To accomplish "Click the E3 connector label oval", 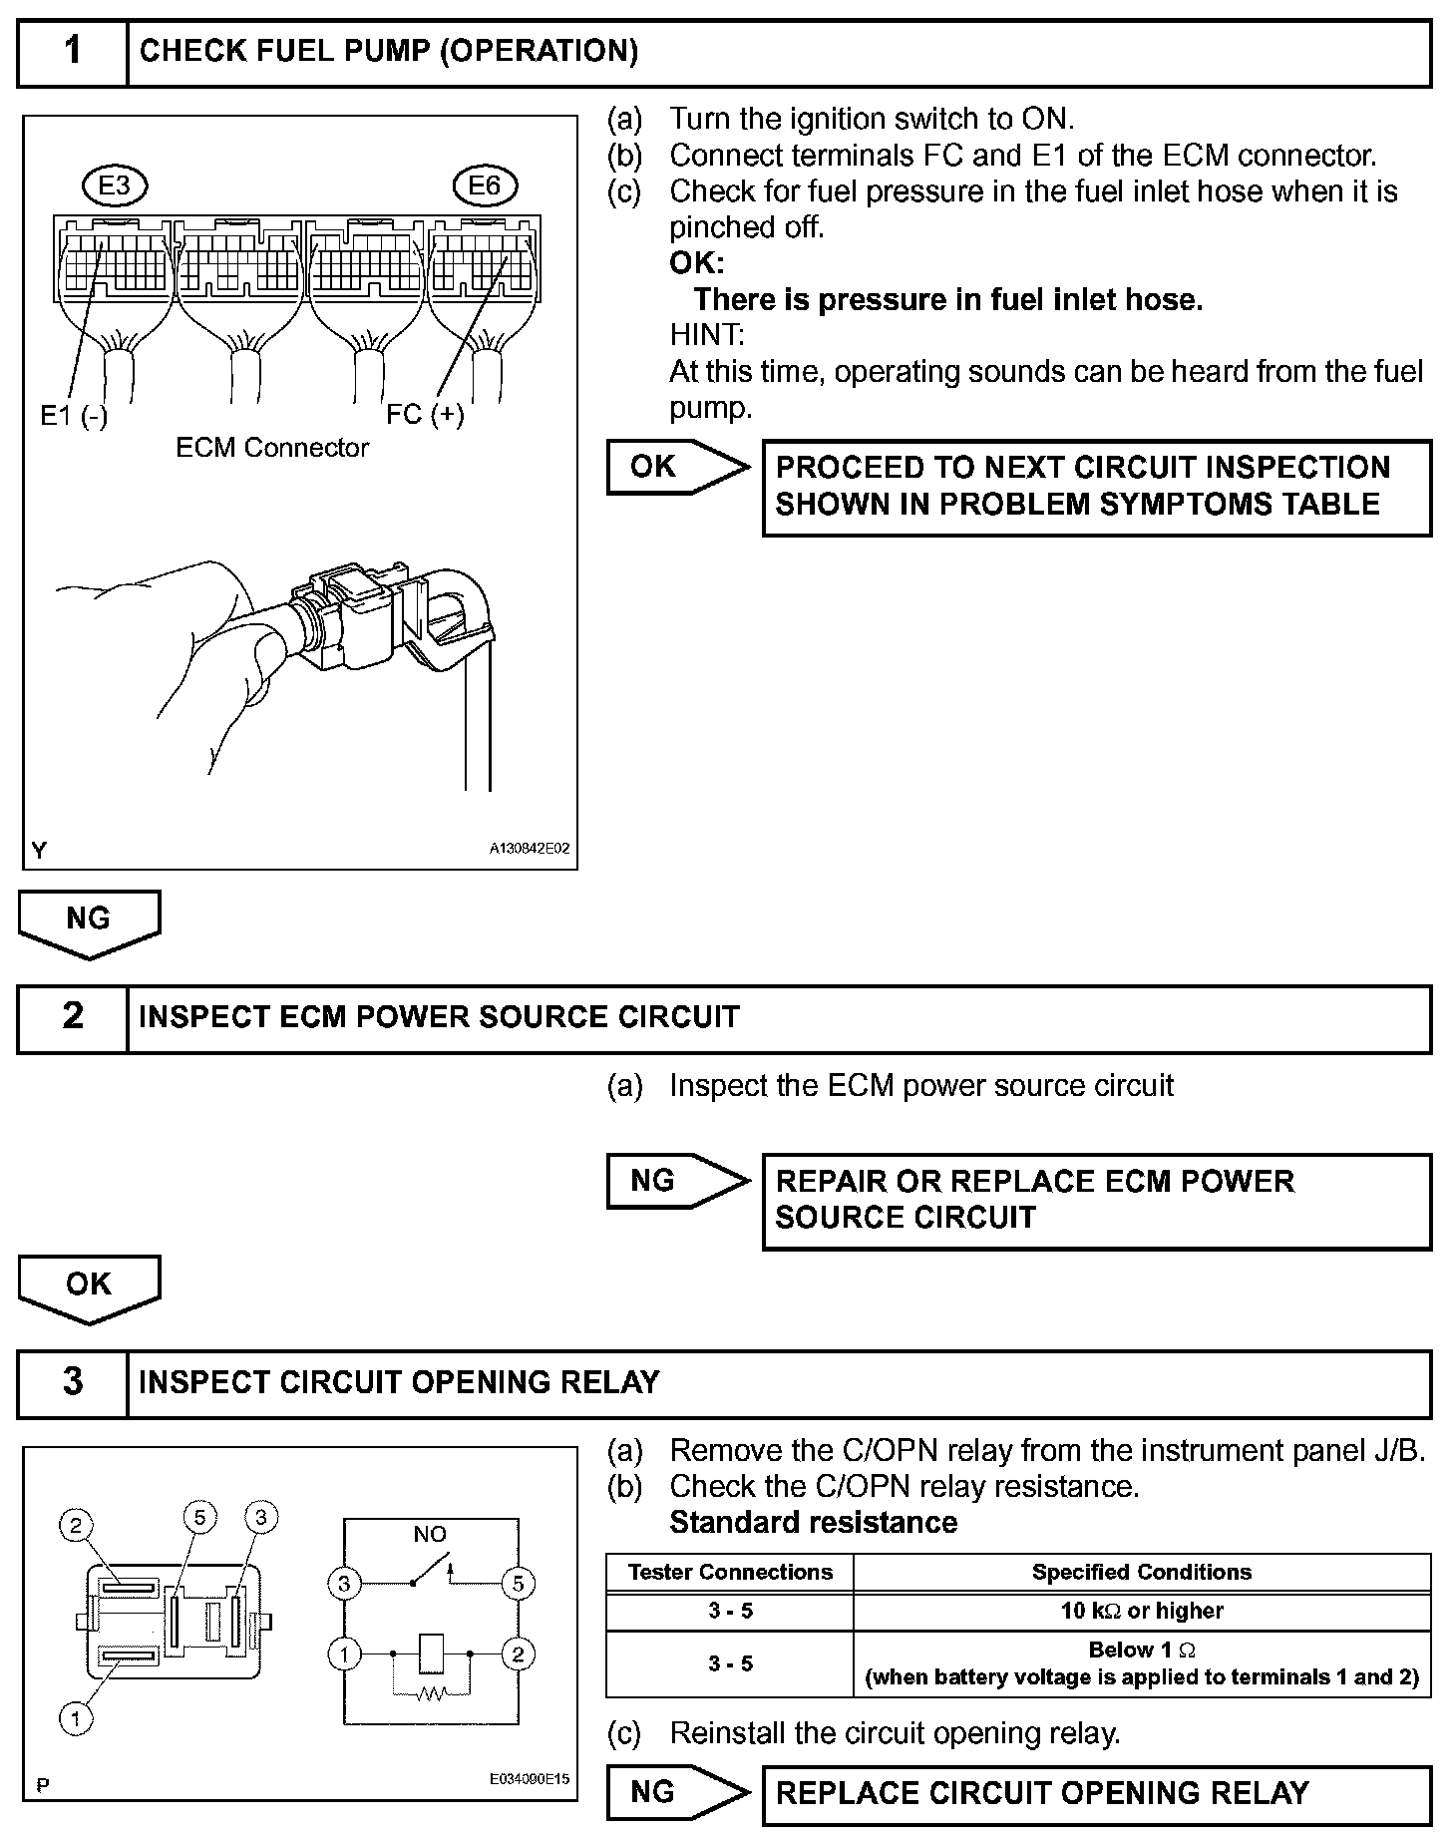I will pyautogui.click(x=115, y=185).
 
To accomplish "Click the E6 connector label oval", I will pyautogui.click(x=484, y=185).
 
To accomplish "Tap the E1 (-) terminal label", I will pyautogui.click(x=74, y=416).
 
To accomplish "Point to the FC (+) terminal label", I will pyautogui.click(x=426, y=414).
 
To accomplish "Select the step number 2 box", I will pyautogui.click(x=73, y=1017).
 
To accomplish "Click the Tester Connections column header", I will pyautogui.click(x=730, y=1572).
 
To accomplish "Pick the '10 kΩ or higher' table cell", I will pyautogui.click(x=1142, y=1610).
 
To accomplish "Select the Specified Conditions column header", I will pyautogui.click(x=1142, y=1572).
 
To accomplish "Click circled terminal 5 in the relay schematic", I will pyautogui.click(x=518, y=1583).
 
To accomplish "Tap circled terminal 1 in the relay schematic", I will pyautogui.click(x=344, y=1654).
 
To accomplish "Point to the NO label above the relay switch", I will pyautogui.click(x=430, y=1534).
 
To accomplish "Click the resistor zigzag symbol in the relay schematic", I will pyautogui.click(x=431, y=1692).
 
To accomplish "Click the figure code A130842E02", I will pyautogui.click(x=529, y=849).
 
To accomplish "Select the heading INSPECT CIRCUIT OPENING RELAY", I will pyautogui.click(x=399, y=1382).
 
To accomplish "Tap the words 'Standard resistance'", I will pyautogui.click(x=813, y=1522).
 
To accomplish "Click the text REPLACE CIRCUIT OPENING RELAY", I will pyautogui.click(x=1041, y=1793).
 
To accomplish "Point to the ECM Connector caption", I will pyautogui.click(x=272, y=448).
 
